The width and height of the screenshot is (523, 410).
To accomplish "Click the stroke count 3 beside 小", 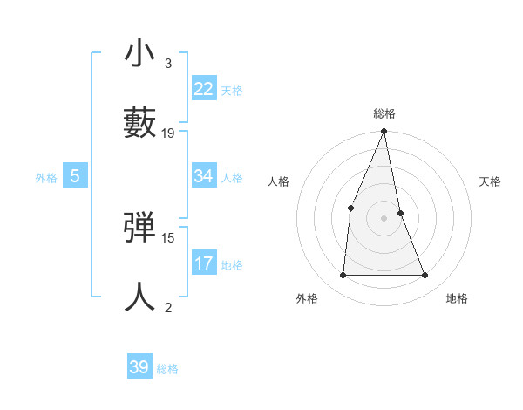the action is pyautogui.click(x=167, y=64).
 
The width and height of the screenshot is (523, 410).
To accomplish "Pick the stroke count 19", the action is pyautogui.click(x=168, y=133).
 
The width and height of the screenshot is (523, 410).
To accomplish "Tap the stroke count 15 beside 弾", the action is pyautogui.click(x=168, y=237).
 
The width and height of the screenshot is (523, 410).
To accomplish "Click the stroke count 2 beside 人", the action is pyautogui.click(x=167, y=306).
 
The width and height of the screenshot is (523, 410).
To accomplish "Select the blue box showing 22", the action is pyautogui.click(x=204, y=89).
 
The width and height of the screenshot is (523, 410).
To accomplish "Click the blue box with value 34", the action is pyautogui.click(x=204, y=176).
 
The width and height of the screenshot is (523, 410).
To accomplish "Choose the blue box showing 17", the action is pyautogui.click(x=204, y=263).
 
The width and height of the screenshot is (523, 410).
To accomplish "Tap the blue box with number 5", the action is pyautogui.click(x=75, y=176).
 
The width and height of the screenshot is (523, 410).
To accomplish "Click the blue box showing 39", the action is pyautogui.click(x=139, y=367).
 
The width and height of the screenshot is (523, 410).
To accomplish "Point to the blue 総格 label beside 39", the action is pyautogui.click(x=167, y=369).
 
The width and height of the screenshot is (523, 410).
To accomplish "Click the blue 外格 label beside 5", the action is pyautogui.click(x=46, y=178).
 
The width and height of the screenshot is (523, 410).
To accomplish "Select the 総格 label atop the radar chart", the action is pyautogui.click(x=384, y=113).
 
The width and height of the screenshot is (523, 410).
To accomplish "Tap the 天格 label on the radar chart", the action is pyautogui.click(x=490, y=181).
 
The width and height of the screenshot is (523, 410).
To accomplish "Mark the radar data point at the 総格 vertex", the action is pyautogui.click(x=384, y=132).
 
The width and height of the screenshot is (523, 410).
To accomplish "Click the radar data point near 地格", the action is pyautogui.click(x=425, y=276).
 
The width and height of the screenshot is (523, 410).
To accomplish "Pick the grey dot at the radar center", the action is pyautogui.click(x=384, y=218).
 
